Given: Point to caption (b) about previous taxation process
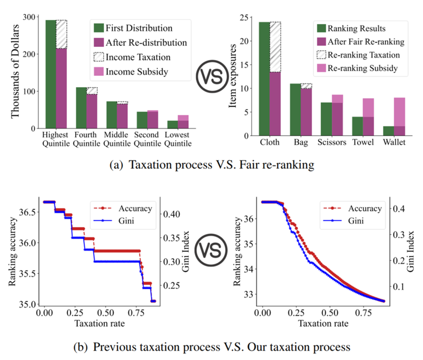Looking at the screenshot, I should (211, 347).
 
